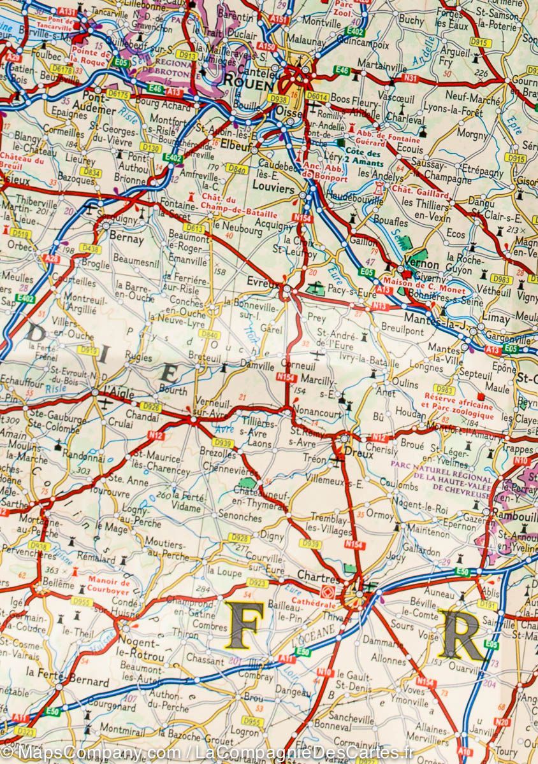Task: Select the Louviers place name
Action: click(x=272, y=190)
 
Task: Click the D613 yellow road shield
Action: click(x=194, y=227)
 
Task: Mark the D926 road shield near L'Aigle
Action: click(x=150, y=406)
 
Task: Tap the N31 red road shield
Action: click(x=411, y=78)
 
